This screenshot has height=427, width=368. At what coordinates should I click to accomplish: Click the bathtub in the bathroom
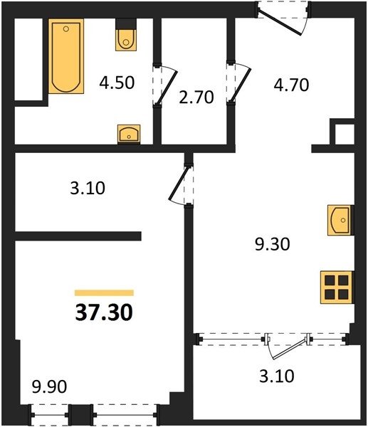(x=66, y=56)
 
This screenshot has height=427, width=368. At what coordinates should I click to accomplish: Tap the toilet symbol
(x=125, y=35)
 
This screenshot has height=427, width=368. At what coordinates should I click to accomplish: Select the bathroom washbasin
(x=129, y=134)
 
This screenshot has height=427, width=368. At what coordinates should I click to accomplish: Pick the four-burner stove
(x=337, y=288)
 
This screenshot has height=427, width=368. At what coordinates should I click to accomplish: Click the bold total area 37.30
(x=104, y=312)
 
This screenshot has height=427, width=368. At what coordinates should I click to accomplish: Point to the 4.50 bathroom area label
(x=117, y=83)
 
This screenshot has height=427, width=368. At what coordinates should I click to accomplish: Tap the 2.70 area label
(x=196, y=97)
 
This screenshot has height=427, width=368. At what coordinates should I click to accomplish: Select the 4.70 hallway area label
(x=291, y=85)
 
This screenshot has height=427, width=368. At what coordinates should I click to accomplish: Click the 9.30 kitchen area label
(x=272, y=244)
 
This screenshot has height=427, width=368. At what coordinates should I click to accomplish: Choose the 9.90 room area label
(x=49, y=386)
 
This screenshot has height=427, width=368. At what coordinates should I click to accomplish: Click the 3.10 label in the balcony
(x=277, y=376)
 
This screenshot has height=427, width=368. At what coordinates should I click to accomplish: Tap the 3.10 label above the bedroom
(x=88, y=188)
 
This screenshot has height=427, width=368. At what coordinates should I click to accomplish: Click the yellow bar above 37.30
(x=104, y=292)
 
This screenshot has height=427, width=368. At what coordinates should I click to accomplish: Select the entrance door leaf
(x=279, y=23)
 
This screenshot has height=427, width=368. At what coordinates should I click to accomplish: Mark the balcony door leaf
(x=290, y=348)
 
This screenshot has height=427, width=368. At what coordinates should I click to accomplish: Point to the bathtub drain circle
(x=66, y=28)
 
